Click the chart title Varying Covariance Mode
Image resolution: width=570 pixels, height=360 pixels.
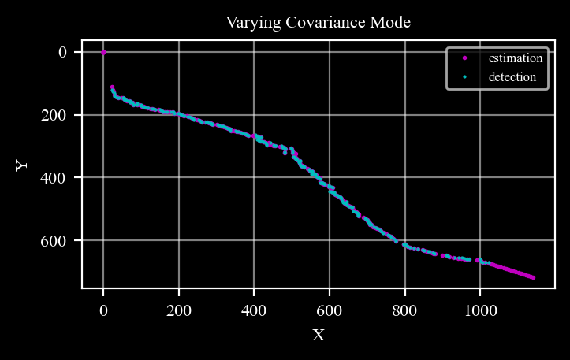[318, 23]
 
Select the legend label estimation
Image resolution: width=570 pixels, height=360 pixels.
[516, 58]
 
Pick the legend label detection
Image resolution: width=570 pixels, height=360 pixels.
[512, 77]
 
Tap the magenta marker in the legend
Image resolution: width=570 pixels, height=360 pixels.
[464, 58]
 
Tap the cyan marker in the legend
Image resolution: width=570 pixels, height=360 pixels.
[464, 77]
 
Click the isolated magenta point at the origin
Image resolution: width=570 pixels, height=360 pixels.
[103, 52]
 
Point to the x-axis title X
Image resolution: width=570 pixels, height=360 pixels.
[319, 335]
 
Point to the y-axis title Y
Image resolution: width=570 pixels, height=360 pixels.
[21, 165]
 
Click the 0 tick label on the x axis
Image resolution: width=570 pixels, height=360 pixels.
[103, 311]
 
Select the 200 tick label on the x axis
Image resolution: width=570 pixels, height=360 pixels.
[179, 311]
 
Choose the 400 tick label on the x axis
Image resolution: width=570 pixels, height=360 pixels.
[254, 311]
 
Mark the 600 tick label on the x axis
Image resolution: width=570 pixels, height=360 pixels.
[330, 311]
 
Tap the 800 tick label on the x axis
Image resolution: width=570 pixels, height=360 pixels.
[404, 311]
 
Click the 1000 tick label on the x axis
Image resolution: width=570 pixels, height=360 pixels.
[480, 311]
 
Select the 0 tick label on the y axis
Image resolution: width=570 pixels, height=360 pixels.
[62, 52]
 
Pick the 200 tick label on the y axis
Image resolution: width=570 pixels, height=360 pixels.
[54, 115]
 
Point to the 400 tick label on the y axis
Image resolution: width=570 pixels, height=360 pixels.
[54, 178]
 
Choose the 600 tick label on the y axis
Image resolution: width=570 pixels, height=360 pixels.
[54, 240]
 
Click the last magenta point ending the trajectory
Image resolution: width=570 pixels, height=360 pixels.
[533, 278]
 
